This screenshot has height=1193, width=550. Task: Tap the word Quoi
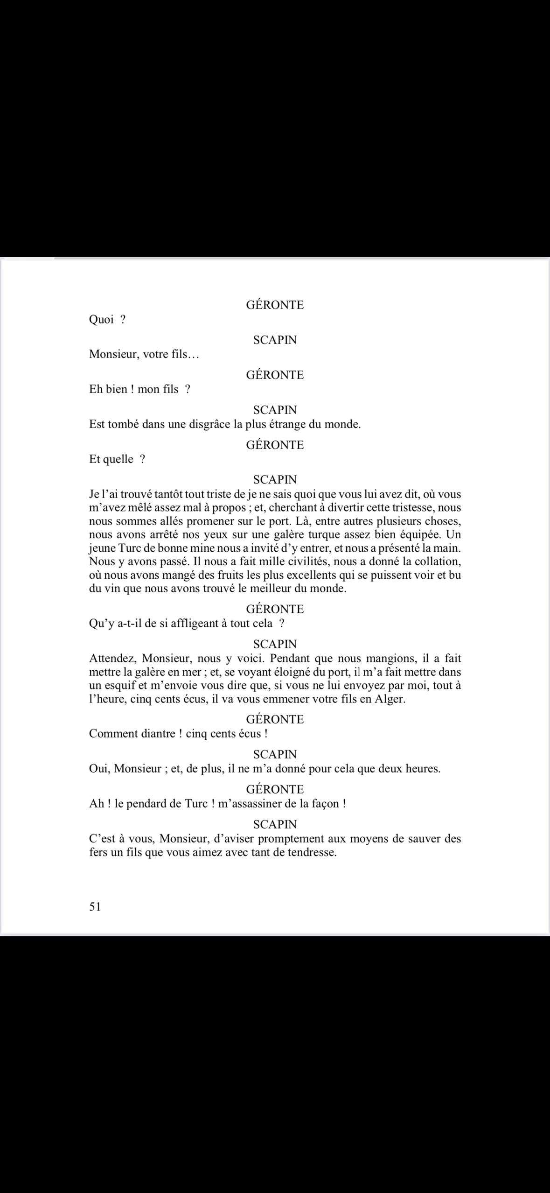(x=102, y=320)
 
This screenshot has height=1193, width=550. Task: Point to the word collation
(x=434, y=561)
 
